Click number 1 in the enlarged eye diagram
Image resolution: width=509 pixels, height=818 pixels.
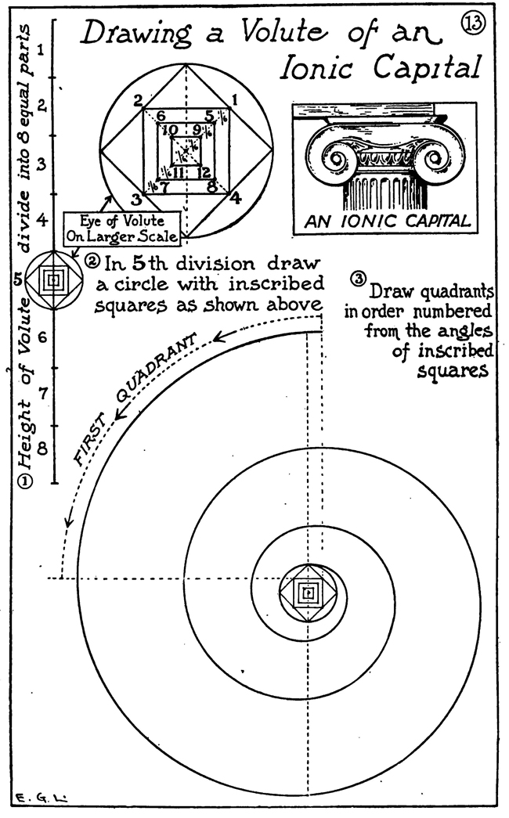pyautogui.click(x=233, y=100)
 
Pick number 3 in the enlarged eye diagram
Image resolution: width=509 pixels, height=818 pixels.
pyautogui.click(x=135, y=198)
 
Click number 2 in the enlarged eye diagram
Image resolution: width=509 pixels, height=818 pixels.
pyautogui.click(x=137, y=100)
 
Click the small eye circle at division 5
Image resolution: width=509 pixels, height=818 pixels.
pyautogui.click(x=53, y=279)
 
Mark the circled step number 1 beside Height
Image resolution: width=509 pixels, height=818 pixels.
pyautogui.click(x=26, y=482)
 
